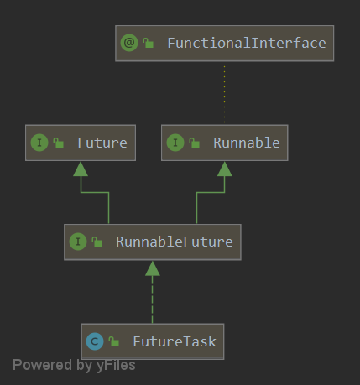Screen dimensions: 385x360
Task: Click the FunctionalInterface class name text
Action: (246, 43)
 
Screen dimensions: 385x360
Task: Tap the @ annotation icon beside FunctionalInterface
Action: (128, 43)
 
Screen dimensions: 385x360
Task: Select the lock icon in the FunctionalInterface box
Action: (149, 43)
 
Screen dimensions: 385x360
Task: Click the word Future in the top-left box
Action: (102, 143)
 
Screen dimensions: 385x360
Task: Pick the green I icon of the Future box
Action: (39, 143)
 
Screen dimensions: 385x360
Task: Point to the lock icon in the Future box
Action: (59, 143)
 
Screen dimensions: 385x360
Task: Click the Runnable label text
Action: (246, 143)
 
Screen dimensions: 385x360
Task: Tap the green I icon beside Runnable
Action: (175, 143)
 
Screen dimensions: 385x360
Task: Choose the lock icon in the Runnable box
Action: (195, 143)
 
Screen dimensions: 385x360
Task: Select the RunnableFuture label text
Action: (175, 242)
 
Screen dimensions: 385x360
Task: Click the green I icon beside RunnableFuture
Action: (77, 242)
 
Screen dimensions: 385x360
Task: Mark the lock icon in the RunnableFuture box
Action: (97, 242)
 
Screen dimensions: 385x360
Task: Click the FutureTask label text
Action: (173, 341)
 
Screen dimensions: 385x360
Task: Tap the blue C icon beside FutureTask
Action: (94, 341)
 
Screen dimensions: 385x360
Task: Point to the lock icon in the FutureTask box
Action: (114, 341)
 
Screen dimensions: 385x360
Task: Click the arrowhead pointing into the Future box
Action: (81, 169)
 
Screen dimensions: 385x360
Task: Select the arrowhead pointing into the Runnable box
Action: (224, 169)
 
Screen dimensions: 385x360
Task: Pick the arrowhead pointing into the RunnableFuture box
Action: (152, 268)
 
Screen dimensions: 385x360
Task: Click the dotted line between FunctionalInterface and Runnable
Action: (224, 92)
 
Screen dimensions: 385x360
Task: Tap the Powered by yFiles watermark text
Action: (74, 365)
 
